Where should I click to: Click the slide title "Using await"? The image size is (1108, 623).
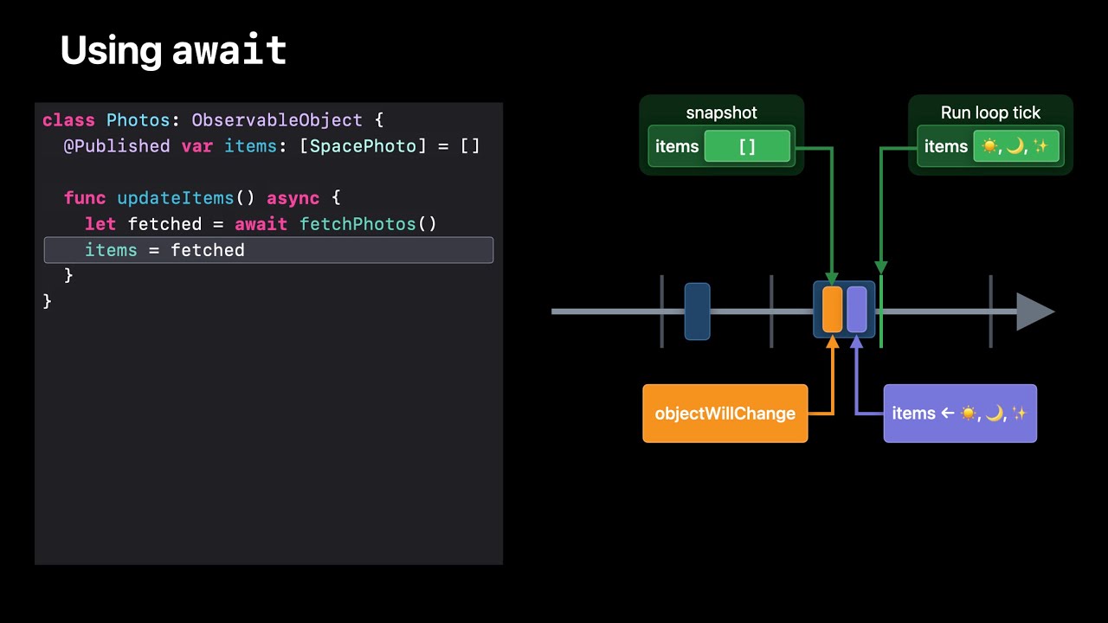click(173, 51)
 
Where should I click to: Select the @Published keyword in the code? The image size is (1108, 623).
click(117, 146)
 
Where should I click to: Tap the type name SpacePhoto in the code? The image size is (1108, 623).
click(363, 146)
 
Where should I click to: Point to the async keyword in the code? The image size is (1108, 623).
click(293, 198)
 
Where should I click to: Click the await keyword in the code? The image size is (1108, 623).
click(261, 224)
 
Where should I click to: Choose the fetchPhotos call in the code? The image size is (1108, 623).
click(358, 224)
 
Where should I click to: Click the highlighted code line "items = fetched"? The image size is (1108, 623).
click(268, 250)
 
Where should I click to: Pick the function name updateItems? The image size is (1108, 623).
click(176, 198)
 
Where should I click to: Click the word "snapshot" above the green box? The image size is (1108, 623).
click(721, 113)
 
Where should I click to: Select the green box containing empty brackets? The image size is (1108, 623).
click(747, 146)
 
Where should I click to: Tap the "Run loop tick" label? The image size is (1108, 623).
click(990, 113)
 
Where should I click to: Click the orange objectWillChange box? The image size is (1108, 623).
click(725, 414)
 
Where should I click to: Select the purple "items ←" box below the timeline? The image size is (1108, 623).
click(960, 414)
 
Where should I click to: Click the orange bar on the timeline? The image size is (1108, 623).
click(832, 310)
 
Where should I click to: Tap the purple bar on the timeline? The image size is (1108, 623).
click(857, 310)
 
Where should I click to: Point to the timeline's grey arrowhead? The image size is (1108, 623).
click(1034, 311)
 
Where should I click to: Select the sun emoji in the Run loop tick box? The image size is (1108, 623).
click(989, 146)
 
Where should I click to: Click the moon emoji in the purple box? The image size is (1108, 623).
click(995, 414)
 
